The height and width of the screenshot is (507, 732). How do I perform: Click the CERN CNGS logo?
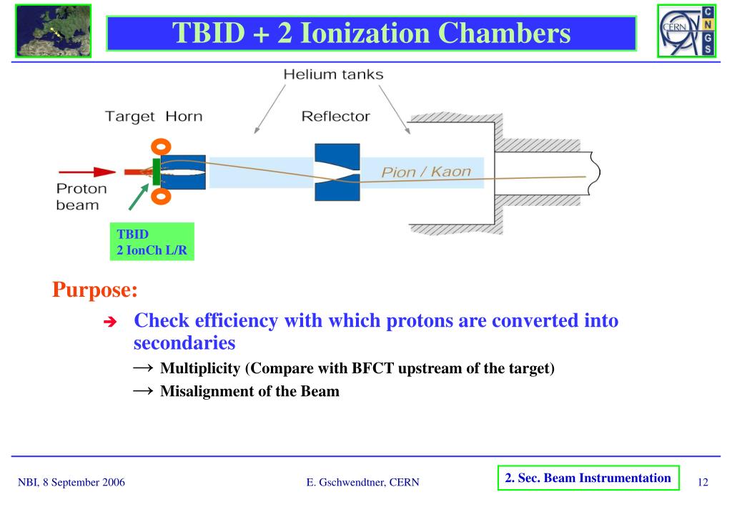pyautogui.click(x=686, y=31)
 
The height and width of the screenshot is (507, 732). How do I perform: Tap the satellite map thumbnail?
pyautogui.click(x=53, y=31)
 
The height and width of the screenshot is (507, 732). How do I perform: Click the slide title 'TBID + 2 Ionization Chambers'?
pyautogui.click(x=372, y=34)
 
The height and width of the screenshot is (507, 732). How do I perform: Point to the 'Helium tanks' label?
pyautogui.click(x=333, y=74)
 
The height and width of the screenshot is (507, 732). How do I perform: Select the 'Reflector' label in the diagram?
pyautogui.click(x=335, y=116)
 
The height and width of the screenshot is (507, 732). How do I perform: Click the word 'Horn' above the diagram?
pyautogui.click(x=184, y=116)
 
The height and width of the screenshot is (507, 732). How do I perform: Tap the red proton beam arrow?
pyautogui.click(x=86, y=172)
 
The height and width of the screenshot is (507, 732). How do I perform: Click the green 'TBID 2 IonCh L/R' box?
pyautogui.click(x=155, y=242)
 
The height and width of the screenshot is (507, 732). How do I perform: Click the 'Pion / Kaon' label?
pyautogui.click(x=426, y=172)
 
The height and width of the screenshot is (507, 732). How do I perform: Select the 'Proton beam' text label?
pyautogui.click(x=81, y=197)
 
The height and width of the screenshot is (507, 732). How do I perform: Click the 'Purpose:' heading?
pyautogui.click(x=94, y=291)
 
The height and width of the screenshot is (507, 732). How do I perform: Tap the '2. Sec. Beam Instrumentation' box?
pyautogui.click(x=588, y=478)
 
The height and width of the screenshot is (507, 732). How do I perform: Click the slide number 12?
pyautogui.click(x=703, y=483)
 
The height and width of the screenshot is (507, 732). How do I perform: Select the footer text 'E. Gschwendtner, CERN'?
pyautogui.click(x=362, y=483)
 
